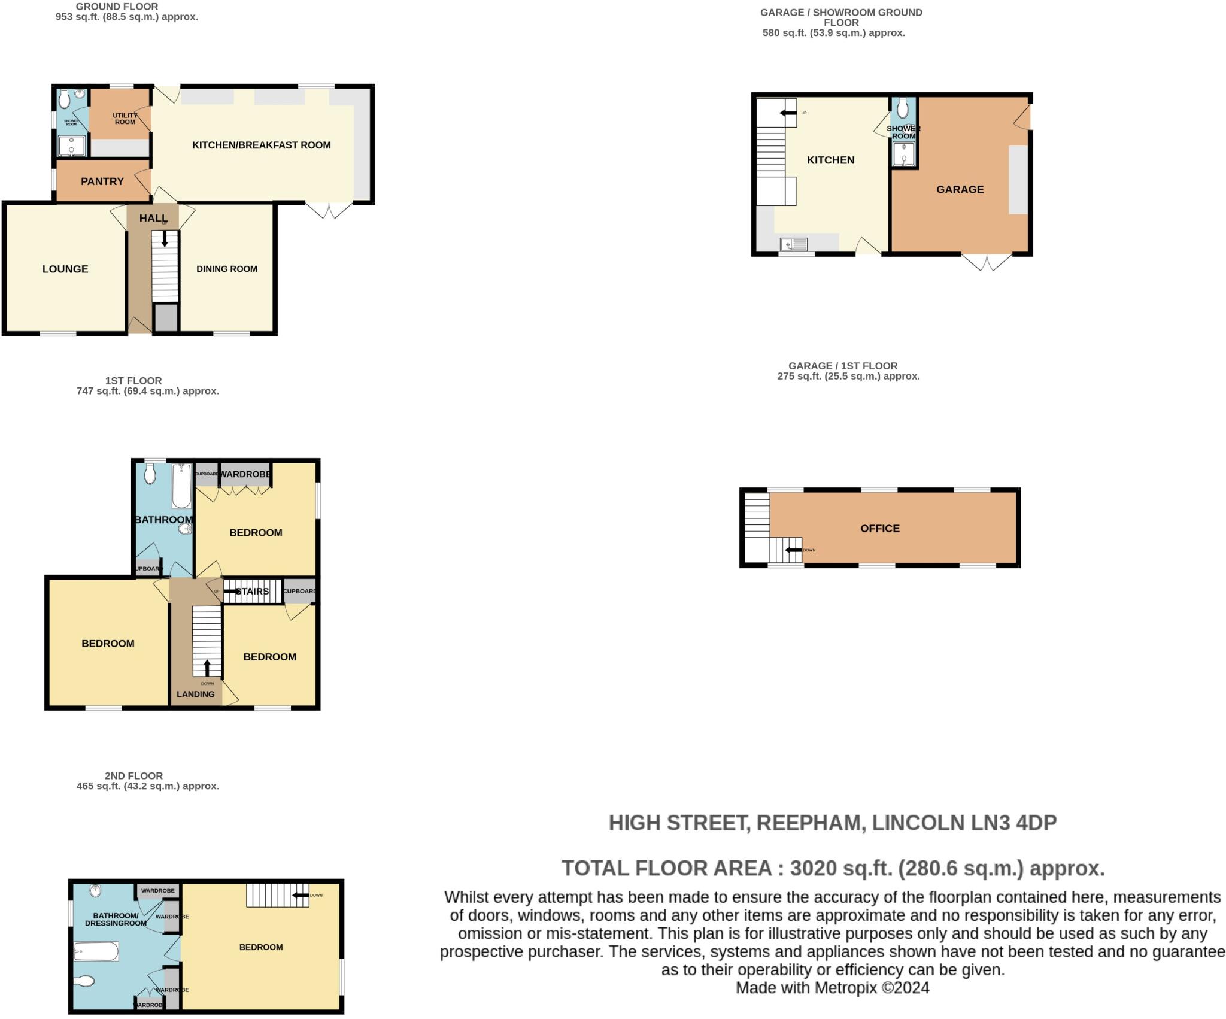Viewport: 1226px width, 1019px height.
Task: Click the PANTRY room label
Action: tap(102, 181)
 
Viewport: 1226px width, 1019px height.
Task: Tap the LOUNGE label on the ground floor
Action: tap(65, 269)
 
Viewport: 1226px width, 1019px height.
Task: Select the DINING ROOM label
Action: tap(227, 269)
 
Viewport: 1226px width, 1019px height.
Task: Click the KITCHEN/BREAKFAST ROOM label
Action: tap(261, 145)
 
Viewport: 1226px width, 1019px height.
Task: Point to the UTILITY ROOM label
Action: tap(125, 119)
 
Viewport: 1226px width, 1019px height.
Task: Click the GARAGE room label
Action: tap(960, 190)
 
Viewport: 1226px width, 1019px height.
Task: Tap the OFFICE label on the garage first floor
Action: tap(879, 529)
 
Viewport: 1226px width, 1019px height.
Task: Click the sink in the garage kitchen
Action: tap(794, 244)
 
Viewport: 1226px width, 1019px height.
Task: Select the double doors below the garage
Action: tap(987, 262)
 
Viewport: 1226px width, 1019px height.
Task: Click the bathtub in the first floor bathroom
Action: tap(181, 486)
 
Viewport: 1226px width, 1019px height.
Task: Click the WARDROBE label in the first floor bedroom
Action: tap(245, 474)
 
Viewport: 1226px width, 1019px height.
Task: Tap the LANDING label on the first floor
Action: tap(195, 695)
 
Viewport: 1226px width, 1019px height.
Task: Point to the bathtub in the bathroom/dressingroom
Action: tap(96, 951)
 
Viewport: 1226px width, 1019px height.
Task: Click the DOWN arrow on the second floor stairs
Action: tap(301, 896)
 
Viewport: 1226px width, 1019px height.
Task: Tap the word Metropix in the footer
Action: tap(847, 988)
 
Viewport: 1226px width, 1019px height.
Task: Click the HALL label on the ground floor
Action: tap(153, 219)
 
